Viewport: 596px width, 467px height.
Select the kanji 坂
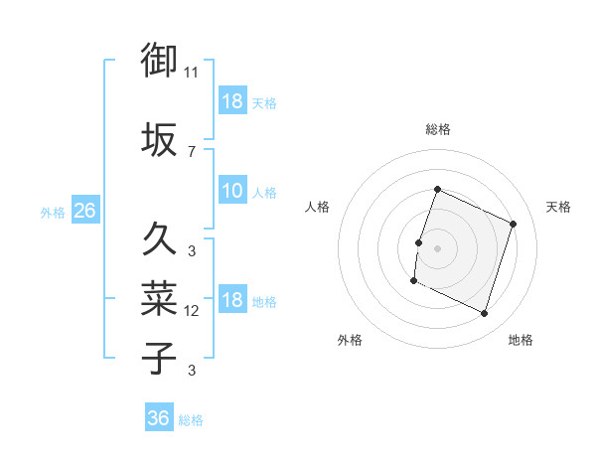pyautogui.click(x=159, y=139)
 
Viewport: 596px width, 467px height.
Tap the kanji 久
pyautogui.click(x=159, y=239)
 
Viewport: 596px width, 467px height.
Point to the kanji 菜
pyautogui.click(x=159, y=297)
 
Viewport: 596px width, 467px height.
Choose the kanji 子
pyautogui.click(x=159, y=357)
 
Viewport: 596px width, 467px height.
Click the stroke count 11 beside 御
pyautogui.click(x=192, y=73)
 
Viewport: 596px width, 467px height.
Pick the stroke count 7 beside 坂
pyautogui.click(x=192, y=151)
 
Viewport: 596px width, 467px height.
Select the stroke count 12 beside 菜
pyautogui.click(x=192, y=311)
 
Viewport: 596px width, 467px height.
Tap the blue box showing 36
pyautogui.click(x=158, y=418)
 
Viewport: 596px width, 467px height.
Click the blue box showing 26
pyautogui.click(x=84, y=211)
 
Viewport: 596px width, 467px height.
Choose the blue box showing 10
pyautogui.click(x=231, y=191)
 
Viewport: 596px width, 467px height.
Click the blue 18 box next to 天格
pyautogui.click(x=231, y=101)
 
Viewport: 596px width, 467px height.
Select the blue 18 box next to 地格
pyautogui.click(x=231, y=300)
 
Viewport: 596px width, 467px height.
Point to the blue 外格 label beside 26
pyautogui.click(x=52, y=212)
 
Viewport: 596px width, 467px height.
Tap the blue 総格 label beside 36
pyautogui.click(x=191, y=420)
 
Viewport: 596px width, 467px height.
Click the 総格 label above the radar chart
pyautogui.click(x=437, y=129)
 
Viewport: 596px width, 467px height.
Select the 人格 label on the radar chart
pyautogui.click(x=317, y=207)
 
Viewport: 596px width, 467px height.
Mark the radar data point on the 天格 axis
pyautogui.click(x=514, y=225)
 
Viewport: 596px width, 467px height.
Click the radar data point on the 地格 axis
pyautogui.click(x=485, y=314)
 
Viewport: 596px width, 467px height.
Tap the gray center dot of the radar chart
pyautogui.click(x=437, y=248)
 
